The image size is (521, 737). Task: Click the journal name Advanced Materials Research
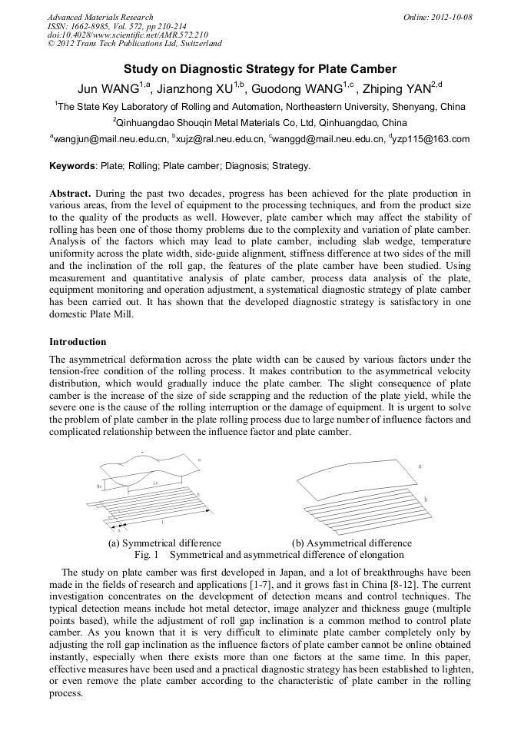[100, 17]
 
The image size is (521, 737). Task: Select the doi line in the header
[128, 35]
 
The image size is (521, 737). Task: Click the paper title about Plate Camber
[260, 69]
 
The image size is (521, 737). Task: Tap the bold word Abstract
[70, 193]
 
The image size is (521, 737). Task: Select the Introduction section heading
[78, 341]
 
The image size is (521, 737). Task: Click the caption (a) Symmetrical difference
[164, 543]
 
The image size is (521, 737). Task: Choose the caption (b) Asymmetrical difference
[352, 543]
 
